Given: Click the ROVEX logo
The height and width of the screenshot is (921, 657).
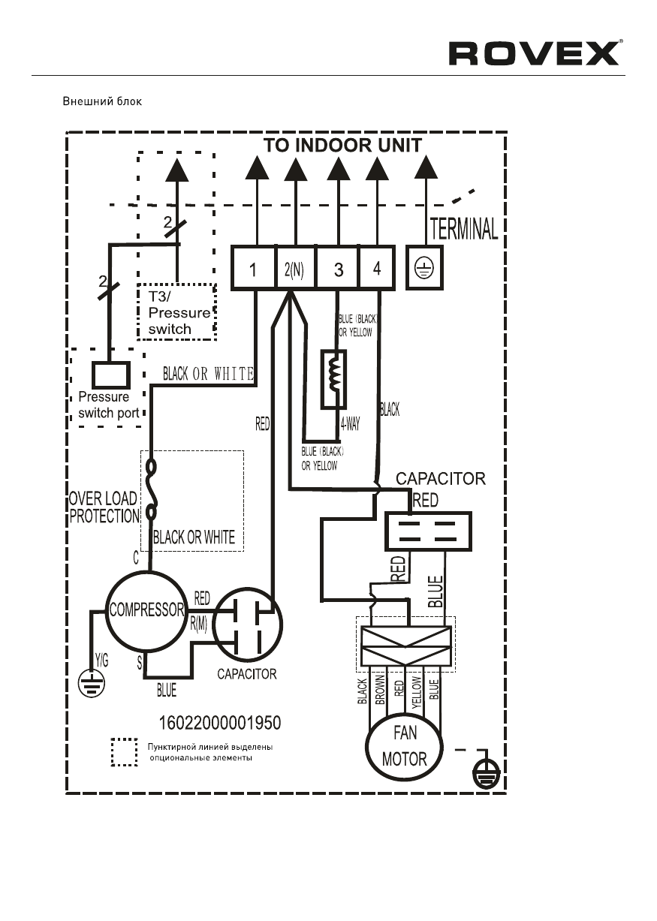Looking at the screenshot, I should (534, 53).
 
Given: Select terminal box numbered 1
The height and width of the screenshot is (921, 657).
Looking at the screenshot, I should (253, 269).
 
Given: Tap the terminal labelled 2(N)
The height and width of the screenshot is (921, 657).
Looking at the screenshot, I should (294, 269).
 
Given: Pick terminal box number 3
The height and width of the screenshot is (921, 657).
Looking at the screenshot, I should (338, 269).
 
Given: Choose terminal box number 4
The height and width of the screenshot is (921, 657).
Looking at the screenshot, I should (377, 268).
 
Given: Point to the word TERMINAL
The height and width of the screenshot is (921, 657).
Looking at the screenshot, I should (463, 228).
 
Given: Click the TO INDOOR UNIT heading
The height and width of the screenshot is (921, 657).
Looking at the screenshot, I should (342, 145).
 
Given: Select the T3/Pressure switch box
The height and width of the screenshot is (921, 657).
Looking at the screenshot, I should (176, 312).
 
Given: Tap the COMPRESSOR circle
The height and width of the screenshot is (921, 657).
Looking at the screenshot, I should (146, 609).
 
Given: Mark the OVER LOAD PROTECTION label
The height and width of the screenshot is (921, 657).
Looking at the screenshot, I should (104, 507).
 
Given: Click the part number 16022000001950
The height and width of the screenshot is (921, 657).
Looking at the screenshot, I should (221, 723).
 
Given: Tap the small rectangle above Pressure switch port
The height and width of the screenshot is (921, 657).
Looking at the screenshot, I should (111, 374).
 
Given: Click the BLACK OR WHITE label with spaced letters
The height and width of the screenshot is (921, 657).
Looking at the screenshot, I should (208, 373).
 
